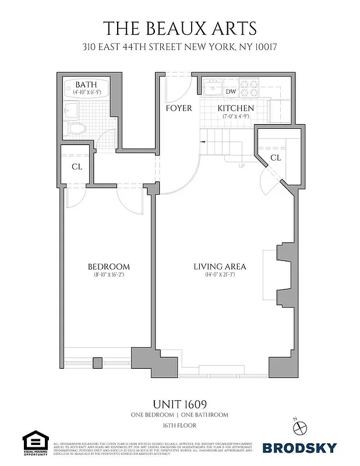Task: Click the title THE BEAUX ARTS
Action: click(179, 27)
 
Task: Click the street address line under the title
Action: click(179, 46)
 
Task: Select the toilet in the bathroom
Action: click(76, 128)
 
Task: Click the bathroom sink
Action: click(72, 110)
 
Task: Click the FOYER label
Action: click(178, 108)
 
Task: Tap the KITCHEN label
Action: click(235, 108)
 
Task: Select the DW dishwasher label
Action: click(231, 91)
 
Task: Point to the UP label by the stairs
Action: click(241, 165)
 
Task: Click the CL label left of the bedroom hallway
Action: click(77, 167)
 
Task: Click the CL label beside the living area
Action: click(276, 157)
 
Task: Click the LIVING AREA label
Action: click(220, 266)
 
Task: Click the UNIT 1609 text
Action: click(179, 403)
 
